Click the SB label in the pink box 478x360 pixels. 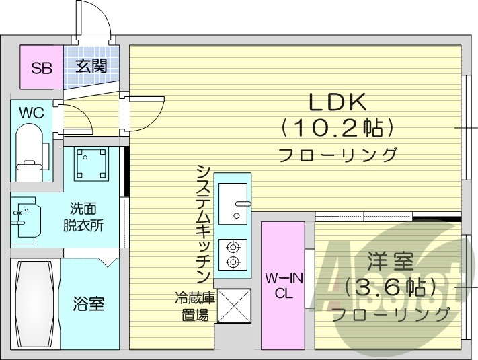click(x=41, y=67)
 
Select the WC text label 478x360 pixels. click(x=31, y=112)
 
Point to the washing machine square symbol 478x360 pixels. click(x=90, y=162)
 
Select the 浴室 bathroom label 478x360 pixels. click(x=88, y=304)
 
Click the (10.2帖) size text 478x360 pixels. click(x=337, y=126)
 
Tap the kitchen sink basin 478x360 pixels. click(x=233, y=201)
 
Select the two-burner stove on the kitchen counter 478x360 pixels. click(x=233, y=254)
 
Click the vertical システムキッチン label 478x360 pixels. click(x=203, y=223)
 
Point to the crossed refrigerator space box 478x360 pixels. click(x=233, y=305)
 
